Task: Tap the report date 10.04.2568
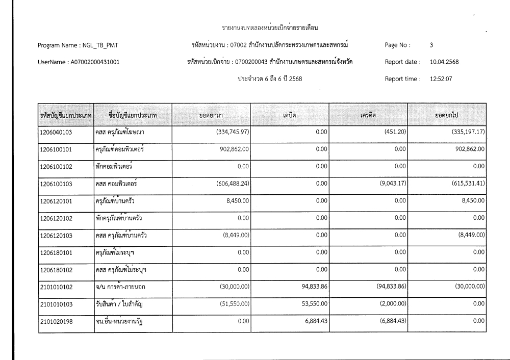coord(444,62)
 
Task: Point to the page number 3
coord(431,45)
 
